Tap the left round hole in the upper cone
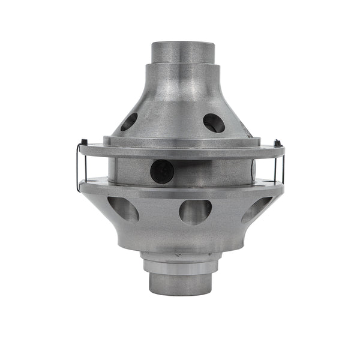[128, 122]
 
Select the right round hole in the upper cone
[214, 123]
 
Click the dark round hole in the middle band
[162, 171]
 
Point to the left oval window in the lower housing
[123, 209]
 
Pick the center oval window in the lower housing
[195, 212]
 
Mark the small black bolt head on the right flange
[276, 143]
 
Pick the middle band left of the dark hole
[129, 171]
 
